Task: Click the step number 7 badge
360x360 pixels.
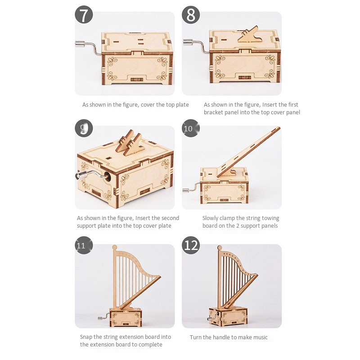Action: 84,14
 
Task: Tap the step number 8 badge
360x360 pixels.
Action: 191,14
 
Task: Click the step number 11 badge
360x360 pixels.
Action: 81,246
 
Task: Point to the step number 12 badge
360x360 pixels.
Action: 191,246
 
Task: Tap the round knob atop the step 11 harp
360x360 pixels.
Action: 114,247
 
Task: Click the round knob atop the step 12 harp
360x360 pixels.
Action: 220,247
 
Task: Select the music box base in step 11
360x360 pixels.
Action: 126,317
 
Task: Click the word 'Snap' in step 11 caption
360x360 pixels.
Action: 87,337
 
